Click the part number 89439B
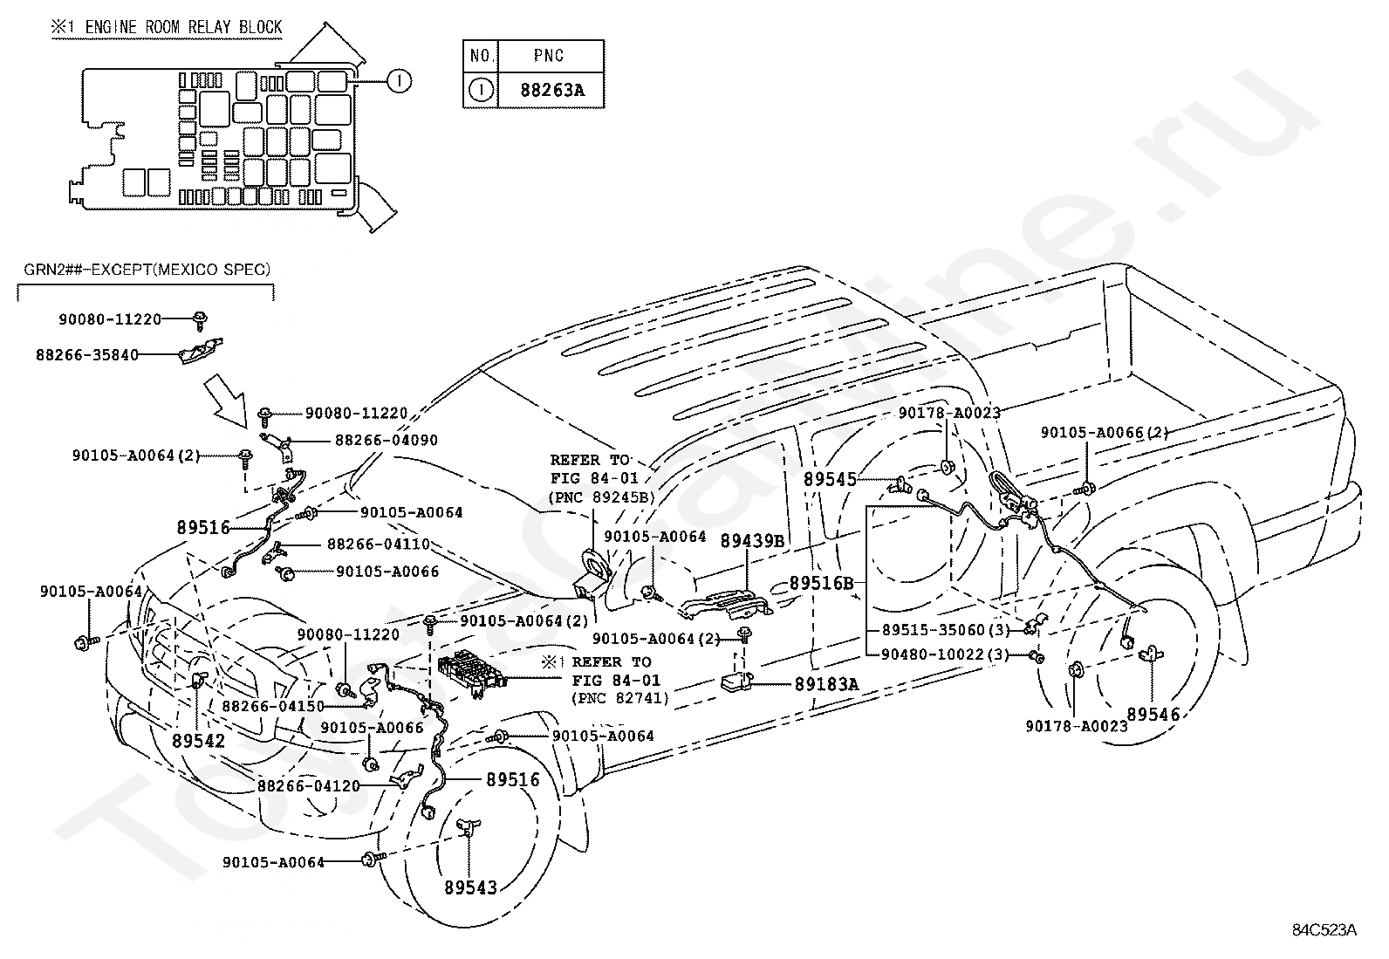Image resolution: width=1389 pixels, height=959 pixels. click(752, 541)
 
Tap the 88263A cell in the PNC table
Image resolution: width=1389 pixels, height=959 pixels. click(552, 91)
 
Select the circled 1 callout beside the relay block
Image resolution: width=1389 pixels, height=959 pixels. click(399, 80)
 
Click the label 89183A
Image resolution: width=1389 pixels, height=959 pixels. click(826, 684)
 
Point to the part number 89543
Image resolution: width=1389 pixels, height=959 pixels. click(470, 887)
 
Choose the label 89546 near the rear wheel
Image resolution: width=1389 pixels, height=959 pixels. click(1153, 715)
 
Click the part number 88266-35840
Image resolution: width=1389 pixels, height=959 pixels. click(87, 355)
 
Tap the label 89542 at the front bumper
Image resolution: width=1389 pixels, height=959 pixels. click(198, 741)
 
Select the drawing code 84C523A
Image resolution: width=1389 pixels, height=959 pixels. click(1324, 930)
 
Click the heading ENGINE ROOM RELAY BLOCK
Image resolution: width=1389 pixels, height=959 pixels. click(183, 27)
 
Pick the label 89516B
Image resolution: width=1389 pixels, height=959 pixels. click(821, 583)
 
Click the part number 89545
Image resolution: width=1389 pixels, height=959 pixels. click(830, 480)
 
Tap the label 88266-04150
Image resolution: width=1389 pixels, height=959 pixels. click(273, 706)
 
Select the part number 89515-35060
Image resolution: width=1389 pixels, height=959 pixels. click(934, 630)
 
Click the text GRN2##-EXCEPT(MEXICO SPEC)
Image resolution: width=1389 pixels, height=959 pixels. click(147, 270)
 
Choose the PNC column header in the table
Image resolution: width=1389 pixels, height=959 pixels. click(549, 56)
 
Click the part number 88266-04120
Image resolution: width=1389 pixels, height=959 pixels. click(308, 785)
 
